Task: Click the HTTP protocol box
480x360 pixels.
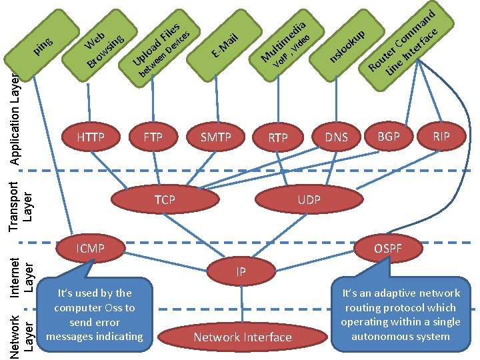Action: point(91,138)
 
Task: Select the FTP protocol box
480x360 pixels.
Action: point(153,138)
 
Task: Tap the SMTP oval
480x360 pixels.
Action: point(216,138)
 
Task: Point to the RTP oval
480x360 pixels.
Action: point(278,139)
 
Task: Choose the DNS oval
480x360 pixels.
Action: point(336,137)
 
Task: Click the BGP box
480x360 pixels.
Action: point(389,137)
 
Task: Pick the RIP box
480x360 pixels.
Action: point(441,137)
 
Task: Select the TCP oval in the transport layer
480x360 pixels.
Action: point(165,199)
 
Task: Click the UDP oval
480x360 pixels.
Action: point(309,199)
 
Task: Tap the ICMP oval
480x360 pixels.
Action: point(91,249)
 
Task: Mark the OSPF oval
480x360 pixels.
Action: point(387,249)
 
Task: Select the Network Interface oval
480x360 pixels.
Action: point(243,337)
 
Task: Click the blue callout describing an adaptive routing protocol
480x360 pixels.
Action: point(401,314)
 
